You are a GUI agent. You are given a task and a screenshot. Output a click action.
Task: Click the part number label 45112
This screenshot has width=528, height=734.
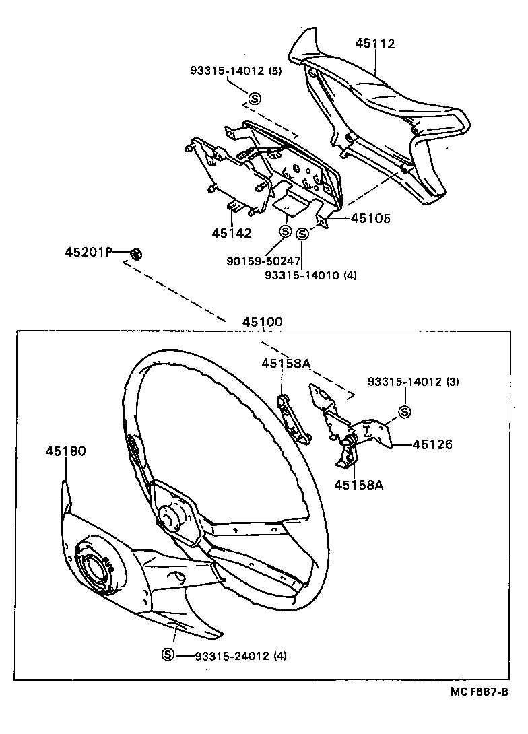(x=376, y=44)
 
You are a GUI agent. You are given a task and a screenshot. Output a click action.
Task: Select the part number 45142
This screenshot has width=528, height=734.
(x=231, y=233)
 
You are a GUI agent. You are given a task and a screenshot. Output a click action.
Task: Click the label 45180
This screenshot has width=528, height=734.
(x=66, y=451)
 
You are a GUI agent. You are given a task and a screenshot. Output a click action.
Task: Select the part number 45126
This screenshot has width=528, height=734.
(x=432, y=444)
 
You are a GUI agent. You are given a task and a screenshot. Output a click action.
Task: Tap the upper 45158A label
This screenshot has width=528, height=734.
(x=286, y=364)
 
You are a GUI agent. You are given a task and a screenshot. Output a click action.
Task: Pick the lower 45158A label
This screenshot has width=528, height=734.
(x=359, y=485)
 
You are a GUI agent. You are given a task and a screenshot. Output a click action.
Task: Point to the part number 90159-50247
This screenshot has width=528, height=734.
(x=263, y=260)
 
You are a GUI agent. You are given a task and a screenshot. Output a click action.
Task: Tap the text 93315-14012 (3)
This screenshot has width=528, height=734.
(x=414, y=382)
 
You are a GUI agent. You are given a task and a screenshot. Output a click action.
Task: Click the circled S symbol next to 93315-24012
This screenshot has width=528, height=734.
(x=168, y=655)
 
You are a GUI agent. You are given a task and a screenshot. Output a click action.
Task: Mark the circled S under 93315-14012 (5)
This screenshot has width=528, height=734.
(x=255, y=99)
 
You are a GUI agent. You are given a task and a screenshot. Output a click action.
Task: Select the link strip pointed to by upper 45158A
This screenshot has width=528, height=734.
(x=294, y=422)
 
